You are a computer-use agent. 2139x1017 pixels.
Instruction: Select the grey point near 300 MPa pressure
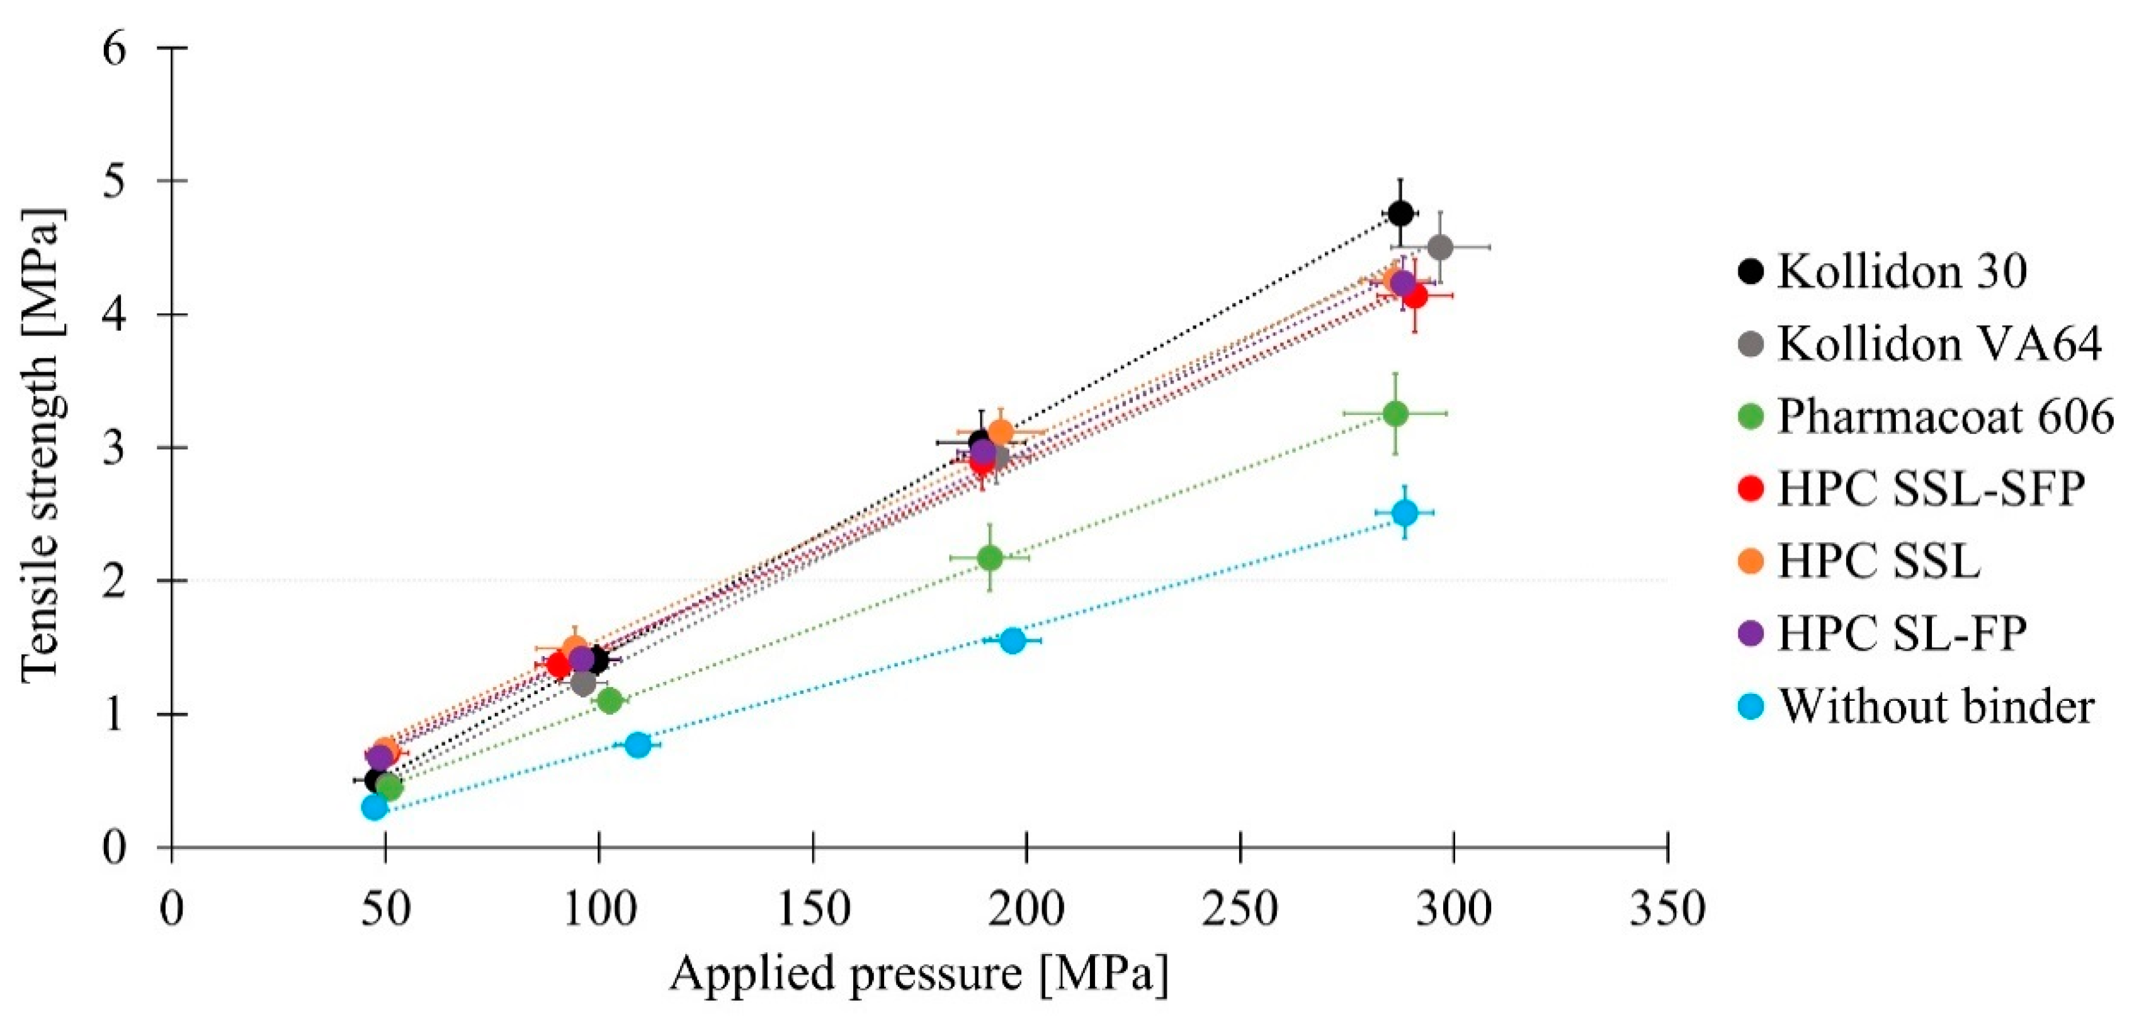(1440, 247)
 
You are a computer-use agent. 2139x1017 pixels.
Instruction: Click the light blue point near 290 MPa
(1404, 512)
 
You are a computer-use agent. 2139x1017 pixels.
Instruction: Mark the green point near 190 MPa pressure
(989, 557)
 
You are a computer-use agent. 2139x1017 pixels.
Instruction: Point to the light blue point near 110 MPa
(638, 744)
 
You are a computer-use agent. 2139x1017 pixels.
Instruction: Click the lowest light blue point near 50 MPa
(375, 806)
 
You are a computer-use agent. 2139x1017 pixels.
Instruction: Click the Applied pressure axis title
(919, 974)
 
